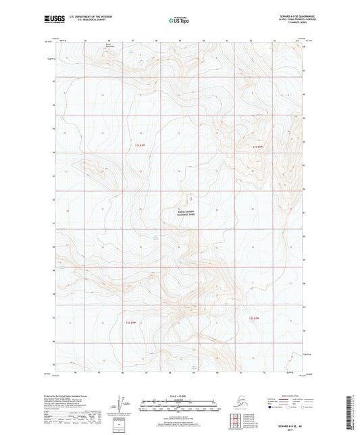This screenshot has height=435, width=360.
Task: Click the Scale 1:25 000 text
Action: (x=179, y=396)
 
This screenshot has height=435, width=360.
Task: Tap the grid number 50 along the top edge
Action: (x=203, y=41)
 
